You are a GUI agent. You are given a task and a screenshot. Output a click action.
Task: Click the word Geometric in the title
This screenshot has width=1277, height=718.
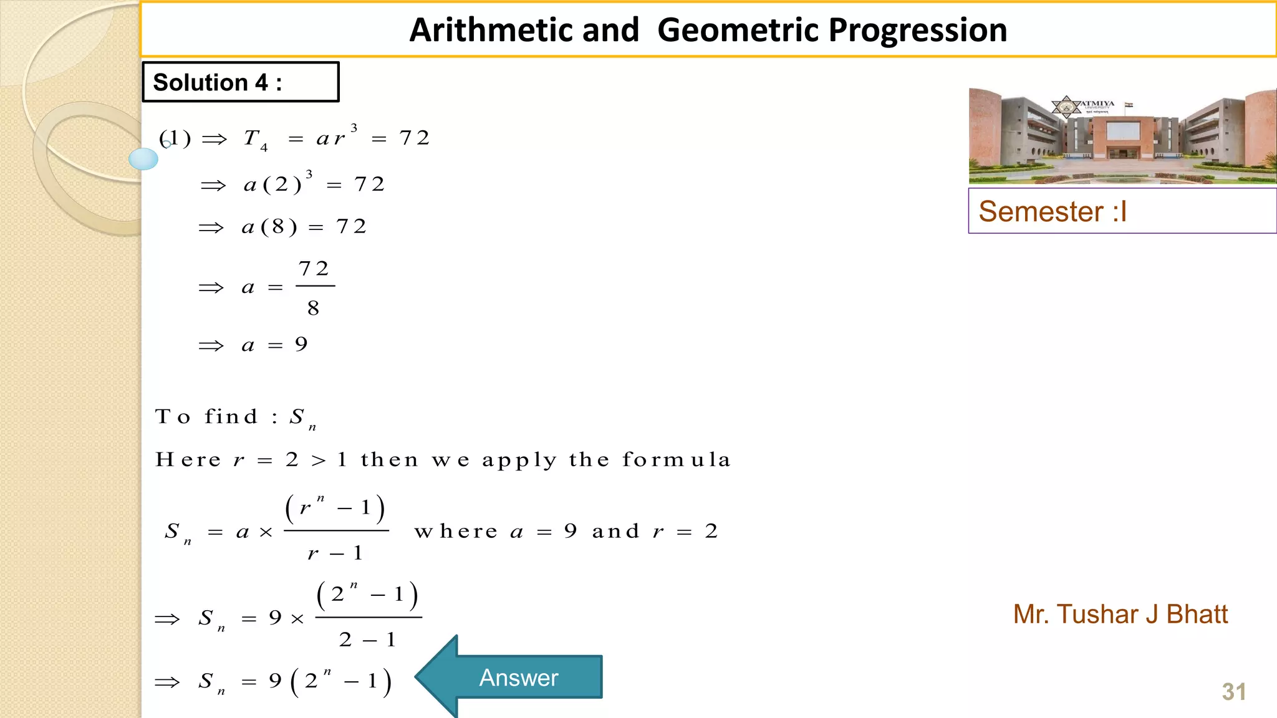click(738, 30)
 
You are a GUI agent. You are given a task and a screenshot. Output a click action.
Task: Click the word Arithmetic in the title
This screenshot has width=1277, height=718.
click(524, 30)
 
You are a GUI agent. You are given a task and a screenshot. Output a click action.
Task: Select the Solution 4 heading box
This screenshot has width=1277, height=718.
click(241, 82)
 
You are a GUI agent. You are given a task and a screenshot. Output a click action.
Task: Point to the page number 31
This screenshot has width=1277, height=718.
click(1234, 692)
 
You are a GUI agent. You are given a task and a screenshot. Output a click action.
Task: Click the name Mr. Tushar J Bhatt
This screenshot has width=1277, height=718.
click(1120, 615)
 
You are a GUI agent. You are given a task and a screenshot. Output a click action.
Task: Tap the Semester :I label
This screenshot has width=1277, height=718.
click(1053, 211)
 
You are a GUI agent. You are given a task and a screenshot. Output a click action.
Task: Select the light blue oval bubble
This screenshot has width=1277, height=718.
click(143, 159)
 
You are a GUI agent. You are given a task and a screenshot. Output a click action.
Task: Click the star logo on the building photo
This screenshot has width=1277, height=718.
click(1066, 107)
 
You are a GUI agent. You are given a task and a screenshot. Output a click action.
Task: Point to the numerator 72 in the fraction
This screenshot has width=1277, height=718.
click(314, 269)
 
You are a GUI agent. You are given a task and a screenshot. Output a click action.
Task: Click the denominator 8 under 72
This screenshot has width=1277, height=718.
click(313, 308)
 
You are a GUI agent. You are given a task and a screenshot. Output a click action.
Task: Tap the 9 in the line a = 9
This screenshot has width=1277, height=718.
click(302, 344)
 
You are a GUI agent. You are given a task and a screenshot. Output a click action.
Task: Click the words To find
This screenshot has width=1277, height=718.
click(206, 416)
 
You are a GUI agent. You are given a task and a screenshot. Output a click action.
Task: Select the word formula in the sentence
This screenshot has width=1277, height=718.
click(676, 460)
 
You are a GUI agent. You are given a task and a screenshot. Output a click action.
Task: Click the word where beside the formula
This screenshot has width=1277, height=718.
click(456, 531)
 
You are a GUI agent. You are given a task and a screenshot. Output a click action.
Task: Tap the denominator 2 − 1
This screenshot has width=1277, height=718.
click(367, 639)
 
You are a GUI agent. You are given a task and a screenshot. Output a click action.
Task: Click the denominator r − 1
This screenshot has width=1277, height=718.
click(335, 553)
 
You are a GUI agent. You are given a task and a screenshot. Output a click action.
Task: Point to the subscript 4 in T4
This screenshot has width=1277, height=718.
click(264, 148)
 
